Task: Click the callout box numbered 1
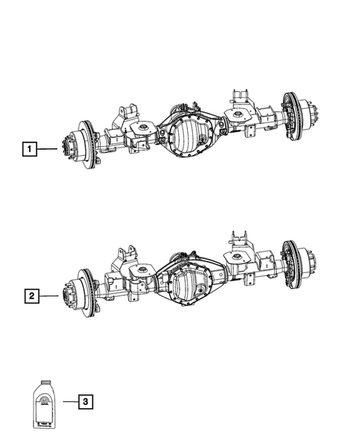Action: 29,151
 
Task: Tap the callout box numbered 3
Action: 86,403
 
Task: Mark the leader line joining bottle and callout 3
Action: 67,403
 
